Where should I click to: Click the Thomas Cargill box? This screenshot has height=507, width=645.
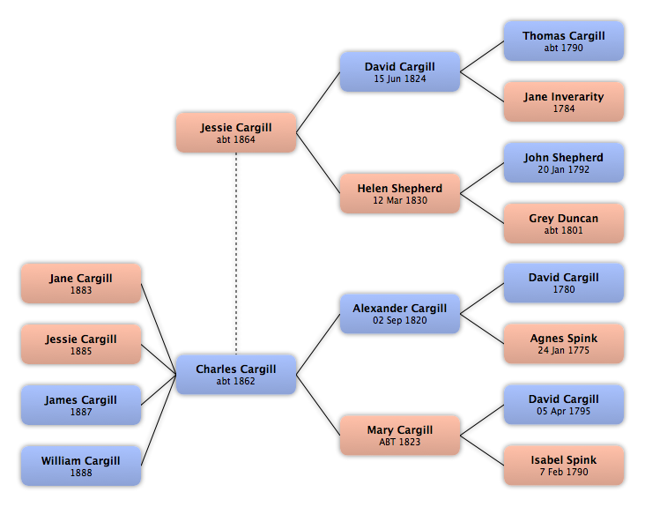click(x=564, y=41)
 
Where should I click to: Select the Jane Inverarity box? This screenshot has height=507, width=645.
click(x=564, y=101)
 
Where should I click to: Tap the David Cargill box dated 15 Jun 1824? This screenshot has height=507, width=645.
click(x=400, y=71)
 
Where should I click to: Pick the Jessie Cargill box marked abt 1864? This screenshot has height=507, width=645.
click(x=236, y=132)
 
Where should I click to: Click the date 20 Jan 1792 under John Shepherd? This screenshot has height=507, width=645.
click(x=564, y=169)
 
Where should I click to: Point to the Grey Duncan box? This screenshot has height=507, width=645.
click(x=564, y=223)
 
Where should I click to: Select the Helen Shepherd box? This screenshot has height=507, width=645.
click(x=400, y=193)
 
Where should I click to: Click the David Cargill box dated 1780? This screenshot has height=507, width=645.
click(x=564, y=283)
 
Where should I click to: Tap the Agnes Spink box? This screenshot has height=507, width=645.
click(x=564, y=344)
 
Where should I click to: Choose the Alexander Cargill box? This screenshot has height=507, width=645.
click(x=400, y=314)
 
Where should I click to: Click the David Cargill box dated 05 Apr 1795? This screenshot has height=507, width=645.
click(x=564, y=405)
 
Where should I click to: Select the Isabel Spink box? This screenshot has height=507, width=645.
click(x=564, y=465)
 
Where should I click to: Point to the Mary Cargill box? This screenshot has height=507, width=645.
click(x=400, y=435)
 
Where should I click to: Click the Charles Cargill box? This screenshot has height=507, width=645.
click(x=236, y=375)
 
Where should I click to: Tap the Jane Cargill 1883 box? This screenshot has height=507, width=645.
click(x=81, y=284)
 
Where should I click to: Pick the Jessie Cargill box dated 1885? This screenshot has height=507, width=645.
click(x=81, y=344)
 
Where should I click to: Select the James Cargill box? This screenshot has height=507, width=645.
click(x=81, y=405)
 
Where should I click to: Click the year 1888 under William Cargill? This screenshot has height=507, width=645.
click(x=81, y=473)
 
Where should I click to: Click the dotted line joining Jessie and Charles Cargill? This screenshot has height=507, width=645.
click(x=236, y=254)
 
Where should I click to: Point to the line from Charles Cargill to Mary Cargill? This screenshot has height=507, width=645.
click(x=318, y=405)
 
